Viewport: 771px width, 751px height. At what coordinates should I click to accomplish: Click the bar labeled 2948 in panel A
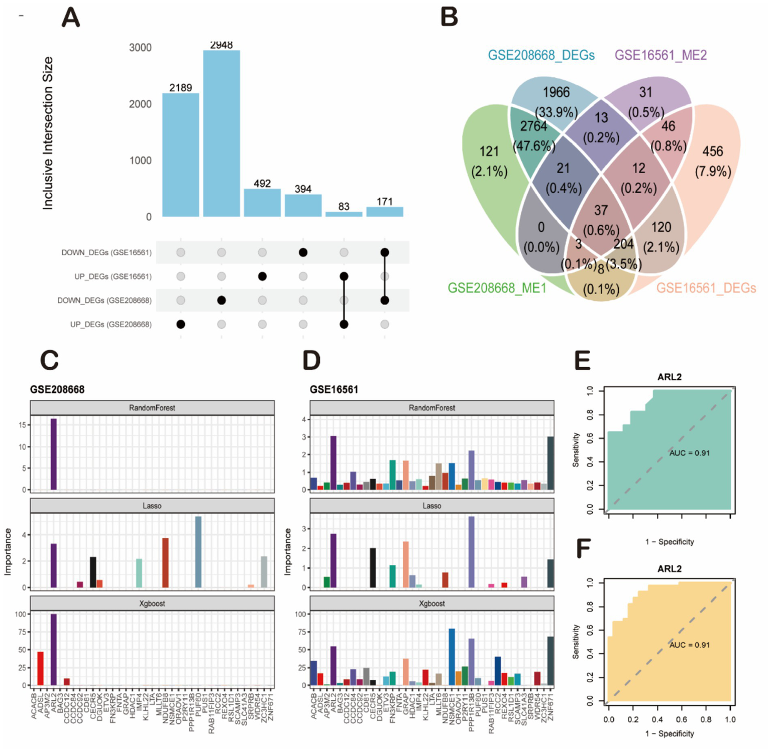222,133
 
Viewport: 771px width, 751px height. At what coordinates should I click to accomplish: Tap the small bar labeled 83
344,214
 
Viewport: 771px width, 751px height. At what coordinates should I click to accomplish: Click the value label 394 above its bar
303,189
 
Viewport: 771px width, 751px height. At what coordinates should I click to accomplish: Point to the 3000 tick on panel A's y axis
140,48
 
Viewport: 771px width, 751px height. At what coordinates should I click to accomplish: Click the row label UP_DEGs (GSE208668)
111,325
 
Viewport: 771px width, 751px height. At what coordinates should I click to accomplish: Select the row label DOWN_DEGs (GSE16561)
106,252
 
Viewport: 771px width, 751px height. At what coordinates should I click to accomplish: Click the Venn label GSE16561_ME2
660,55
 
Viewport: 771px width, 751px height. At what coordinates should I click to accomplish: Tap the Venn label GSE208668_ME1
497,288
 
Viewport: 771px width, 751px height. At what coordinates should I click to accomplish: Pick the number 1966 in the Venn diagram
556,92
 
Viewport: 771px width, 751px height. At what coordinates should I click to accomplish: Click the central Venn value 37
601,210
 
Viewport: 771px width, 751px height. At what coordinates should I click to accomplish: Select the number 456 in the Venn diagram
713,152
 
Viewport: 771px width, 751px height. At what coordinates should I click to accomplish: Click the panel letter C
49,360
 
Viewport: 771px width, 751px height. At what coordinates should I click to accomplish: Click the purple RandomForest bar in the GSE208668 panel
54,454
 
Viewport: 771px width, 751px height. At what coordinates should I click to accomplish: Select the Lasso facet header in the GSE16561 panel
431,506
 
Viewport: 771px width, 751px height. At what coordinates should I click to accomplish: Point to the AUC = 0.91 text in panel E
689,453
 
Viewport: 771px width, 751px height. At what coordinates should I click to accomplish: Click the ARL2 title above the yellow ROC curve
669,568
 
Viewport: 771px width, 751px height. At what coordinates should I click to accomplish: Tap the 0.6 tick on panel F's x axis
682,719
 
